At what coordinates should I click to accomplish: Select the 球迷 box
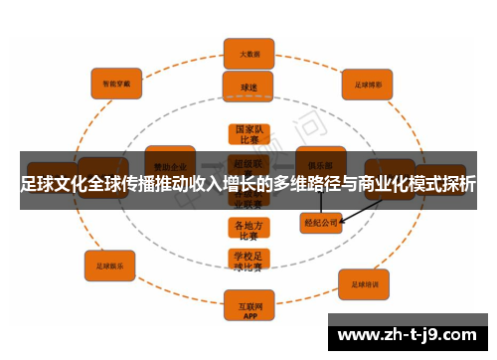point(248,87)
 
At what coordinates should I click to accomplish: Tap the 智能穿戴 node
point(116,84)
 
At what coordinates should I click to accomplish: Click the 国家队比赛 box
point(248,135)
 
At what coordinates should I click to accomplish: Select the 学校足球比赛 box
point(248,262)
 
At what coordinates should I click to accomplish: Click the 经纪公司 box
point(321,224)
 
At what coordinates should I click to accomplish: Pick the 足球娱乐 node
point(109,267)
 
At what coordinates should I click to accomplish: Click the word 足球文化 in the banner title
point(53,184)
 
